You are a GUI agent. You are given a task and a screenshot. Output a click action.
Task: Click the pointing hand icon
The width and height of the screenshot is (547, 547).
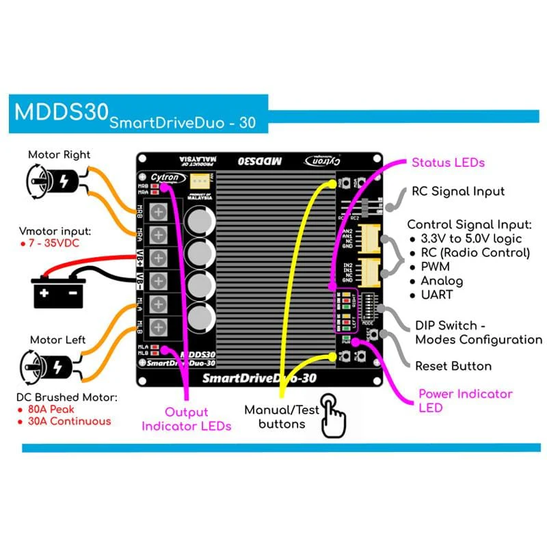pos(334,414)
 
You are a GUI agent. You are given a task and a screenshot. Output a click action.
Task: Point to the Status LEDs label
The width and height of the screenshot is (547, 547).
pos(448,163)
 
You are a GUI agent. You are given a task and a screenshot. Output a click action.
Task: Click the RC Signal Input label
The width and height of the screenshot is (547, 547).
pos(458,191)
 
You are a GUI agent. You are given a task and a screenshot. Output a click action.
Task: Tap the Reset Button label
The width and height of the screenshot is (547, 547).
pos(453,366)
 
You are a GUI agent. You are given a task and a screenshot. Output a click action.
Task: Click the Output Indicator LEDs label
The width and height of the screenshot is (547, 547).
pos(186,419)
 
